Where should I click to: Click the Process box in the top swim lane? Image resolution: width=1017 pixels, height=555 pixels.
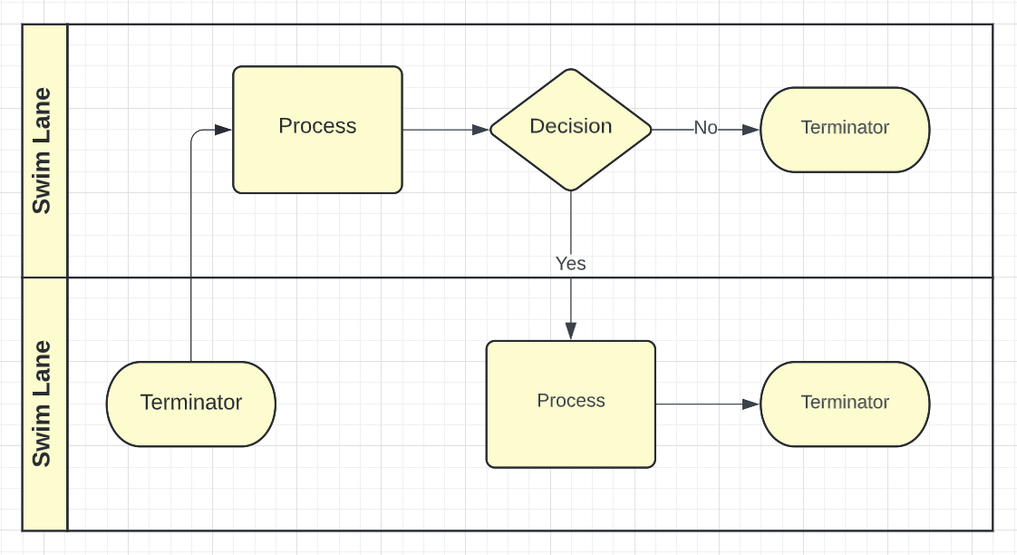317,130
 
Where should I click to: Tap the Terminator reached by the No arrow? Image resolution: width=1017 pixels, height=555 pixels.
845,130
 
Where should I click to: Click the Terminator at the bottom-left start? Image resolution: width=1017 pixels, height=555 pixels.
190,404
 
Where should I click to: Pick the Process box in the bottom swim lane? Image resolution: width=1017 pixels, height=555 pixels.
570,404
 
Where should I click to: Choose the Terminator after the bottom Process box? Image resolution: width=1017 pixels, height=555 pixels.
845,404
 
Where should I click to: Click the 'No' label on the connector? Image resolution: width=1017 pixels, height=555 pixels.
705,128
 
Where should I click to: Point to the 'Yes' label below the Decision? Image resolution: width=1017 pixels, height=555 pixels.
570,263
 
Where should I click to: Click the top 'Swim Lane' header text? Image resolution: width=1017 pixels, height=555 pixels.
42,151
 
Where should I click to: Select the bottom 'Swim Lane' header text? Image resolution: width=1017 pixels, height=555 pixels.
42,404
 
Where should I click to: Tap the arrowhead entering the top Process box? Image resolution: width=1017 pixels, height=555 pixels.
224,130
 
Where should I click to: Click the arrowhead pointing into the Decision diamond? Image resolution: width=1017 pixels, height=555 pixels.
480,130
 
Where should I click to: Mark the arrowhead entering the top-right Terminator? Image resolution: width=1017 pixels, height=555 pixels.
751,130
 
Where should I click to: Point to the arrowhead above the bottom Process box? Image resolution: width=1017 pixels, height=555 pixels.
570,331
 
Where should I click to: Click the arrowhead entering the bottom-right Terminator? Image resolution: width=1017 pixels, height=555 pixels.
751,404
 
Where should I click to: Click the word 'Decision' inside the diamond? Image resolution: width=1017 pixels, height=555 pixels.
570,126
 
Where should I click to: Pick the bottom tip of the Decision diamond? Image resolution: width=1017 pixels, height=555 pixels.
570,190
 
